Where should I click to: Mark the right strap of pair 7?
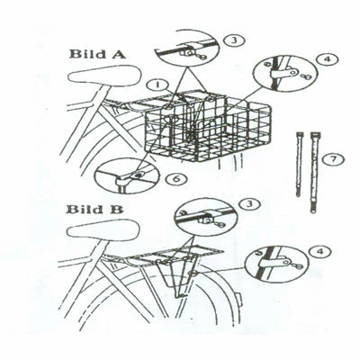(314, 171)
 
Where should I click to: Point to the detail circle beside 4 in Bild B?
(271, 267)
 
